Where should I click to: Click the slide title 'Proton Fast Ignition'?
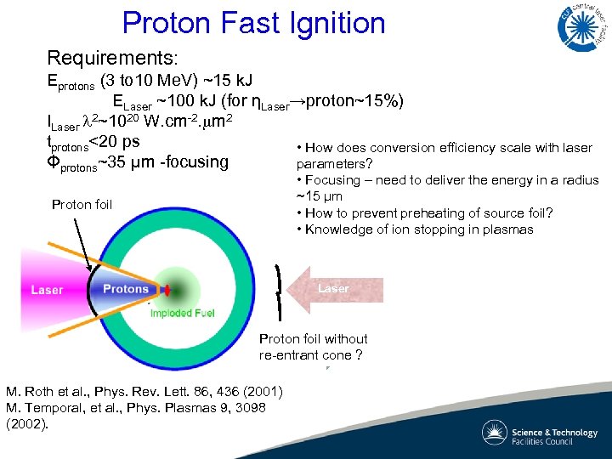click(253, 23)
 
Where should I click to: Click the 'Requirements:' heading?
click(112, 59)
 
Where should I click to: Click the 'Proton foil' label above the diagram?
click(82, 205)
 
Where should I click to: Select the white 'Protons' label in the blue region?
click(126, 289)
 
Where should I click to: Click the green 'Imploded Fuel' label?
click(183, 314)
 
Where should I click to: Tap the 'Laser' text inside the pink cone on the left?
click(47, 290)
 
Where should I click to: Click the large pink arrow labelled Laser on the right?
click(334, 289)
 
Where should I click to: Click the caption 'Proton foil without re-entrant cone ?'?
click(313, 347)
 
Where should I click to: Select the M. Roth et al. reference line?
click(144, 392)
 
